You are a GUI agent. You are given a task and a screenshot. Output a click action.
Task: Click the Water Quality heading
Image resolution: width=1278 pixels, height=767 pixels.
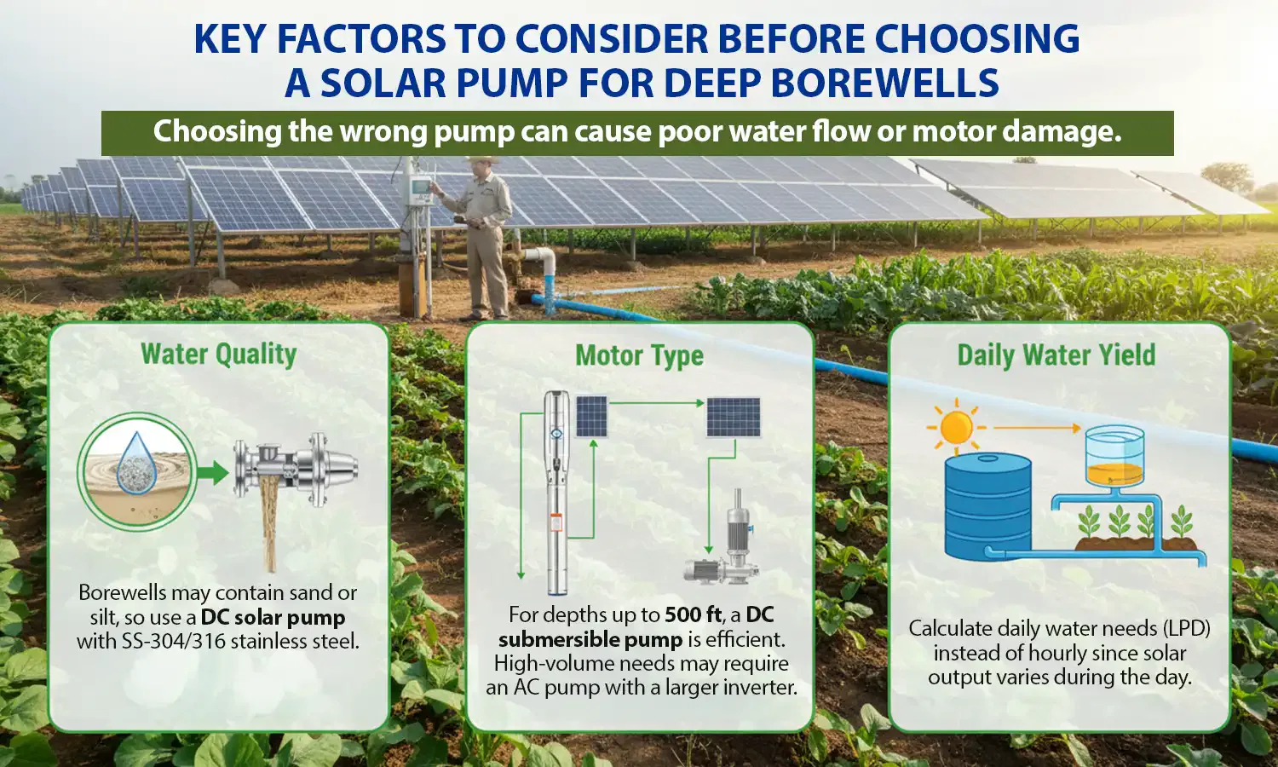[x=218, y=354]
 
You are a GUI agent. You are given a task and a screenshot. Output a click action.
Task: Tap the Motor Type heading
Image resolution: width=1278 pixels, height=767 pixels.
[x=639, y=355]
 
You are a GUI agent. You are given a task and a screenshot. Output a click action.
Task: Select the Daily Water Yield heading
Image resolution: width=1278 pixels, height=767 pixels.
[x=1056, y=355]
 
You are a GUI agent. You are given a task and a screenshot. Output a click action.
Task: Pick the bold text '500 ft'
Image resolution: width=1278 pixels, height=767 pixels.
[x=694, y=614]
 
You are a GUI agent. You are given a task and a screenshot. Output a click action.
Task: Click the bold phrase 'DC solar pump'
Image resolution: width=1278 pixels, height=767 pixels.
[x=273, y=617]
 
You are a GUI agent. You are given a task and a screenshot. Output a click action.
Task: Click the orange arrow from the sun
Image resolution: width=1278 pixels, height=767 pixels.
[x=1035, y=428]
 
